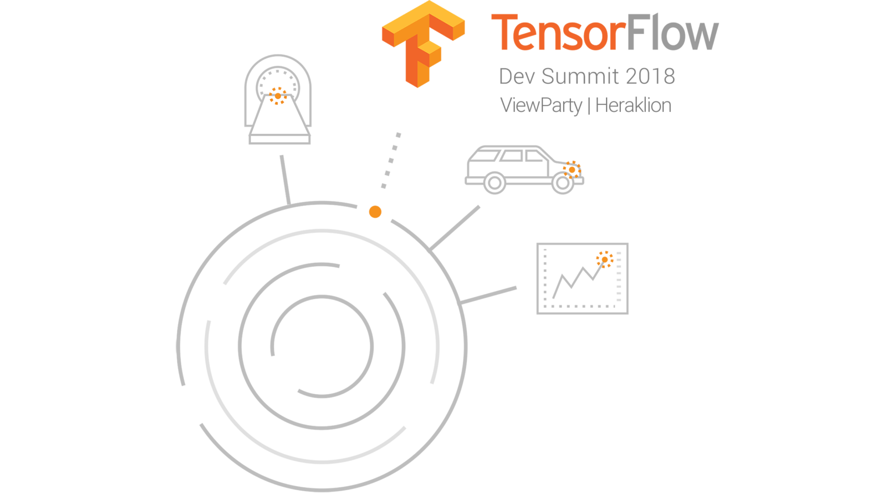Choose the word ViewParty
541,105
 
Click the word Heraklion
633,105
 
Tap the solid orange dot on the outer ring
375,212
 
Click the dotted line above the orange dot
391,160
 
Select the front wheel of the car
562,184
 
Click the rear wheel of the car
495,183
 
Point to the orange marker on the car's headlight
572,170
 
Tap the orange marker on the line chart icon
604,259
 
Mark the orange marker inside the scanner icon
278,96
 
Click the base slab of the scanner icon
279,139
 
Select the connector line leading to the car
455,228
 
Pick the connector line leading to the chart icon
488,295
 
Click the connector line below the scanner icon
285,180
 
